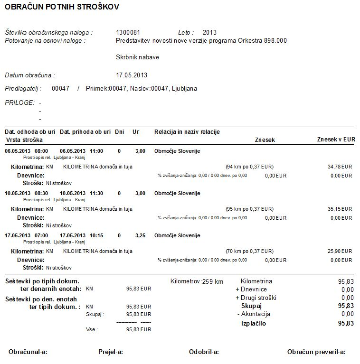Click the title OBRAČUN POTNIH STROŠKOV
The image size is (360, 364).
(62, 7)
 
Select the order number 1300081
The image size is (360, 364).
(128, 33)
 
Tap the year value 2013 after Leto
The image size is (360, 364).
(209, 33)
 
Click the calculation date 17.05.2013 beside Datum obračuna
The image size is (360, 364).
(132, 75)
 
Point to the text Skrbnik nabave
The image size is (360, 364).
(137, 57)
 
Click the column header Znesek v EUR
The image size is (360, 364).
(336, 140)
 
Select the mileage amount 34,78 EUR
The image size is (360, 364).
(340, 167)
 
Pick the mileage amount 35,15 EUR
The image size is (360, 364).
(340, 209)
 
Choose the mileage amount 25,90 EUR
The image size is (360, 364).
(340, 251)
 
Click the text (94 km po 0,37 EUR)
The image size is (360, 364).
(249, 167)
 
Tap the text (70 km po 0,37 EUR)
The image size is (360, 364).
(249, 251)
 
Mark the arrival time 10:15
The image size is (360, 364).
(95, 235)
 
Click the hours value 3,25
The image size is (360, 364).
(140, 235)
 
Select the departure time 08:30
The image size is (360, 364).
(41, 193)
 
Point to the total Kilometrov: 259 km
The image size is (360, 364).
(197, 281)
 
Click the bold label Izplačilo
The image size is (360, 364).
(254, 324)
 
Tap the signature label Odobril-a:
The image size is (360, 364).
(204, 352)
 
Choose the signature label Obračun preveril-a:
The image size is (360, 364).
(316, 352)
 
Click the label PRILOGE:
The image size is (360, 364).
(19, 103)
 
